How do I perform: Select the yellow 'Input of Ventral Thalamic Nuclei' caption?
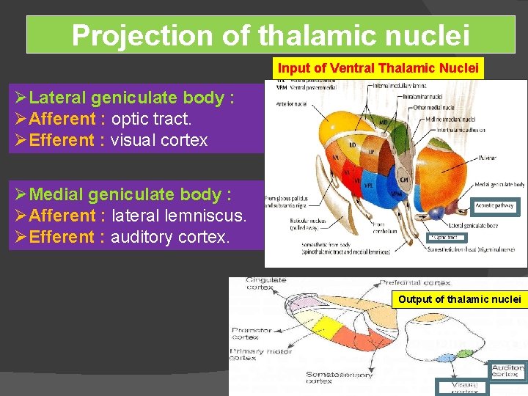click(378, 68)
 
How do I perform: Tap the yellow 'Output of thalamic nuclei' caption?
click(459, 299)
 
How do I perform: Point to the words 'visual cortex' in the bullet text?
click(159, 140)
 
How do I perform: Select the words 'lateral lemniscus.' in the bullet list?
click(179, 216)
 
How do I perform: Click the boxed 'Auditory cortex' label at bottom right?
click(507, 371)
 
